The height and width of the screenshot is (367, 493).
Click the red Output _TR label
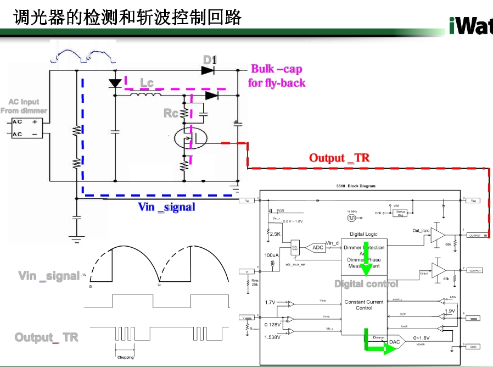click(x=339, y=158)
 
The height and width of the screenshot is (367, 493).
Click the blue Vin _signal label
click(x=166, y=207)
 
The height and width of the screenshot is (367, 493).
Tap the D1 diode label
click(x=210, y=59)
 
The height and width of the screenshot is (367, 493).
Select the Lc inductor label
click(x=147, y=83)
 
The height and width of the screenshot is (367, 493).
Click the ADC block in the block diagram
click(x=318, y=247)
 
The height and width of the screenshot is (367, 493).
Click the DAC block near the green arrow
click(x=394, y=342)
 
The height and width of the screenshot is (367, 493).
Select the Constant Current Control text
click(x=364, y=305)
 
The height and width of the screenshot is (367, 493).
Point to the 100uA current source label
click(x=271, y=255)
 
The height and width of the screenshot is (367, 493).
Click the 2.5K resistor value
click(x=275, y=233)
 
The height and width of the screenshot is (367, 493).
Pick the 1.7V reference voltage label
click(x=270, y=303)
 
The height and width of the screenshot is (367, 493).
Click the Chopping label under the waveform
click(x=125, y=357)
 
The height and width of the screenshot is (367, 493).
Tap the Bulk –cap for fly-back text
click(x=277, y=76)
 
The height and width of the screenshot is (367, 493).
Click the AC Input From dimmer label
click(x=24, y=106)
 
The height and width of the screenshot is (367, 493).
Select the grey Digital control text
click(x=366, y=284)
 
